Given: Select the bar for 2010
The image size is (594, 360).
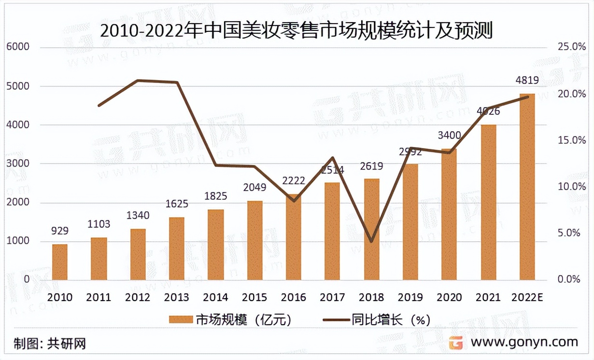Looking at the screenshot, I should (x=60, y=262).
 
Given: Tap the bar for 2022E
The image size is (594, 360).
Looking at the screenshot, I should (x=527, y=187).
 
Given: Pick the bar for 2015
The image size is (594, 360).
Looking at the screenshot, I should (x=255, y=240).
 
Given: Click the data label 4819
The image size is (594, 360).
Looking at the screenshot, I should (x=527, y=81).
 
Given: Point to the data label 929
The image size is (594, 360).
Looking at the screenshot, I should (x=60, y=232).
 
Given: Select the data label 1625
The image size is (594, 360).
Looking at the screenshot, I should (x=176, y=205).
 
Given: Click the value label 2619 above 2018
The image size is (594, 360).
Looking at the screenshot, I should (x=371, y=166).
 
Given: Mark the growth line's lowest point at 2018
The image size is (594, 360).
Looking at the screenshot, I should (x=371, y=241).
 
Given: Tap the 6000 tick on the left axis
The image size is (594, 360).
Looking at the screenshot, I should (x=18, y=47).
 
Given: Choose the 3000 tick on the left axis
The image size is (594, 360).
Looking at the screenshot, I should (x=18, y=164).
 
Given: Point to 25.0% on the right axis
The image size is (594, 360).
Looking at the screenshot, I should (x=572, y=47).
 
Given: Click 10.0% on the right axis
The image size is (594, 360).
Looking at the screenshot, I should (x=572, y=187).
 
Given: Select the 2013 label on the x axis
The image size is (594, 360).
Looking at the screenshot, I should (x=176, y=297).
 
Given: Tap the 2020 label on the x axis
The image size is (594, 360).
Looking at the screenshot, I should (x=449, y=297).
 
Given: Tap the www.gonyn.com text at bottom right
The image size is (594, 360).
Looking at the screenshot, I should (x=524, y=342).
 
